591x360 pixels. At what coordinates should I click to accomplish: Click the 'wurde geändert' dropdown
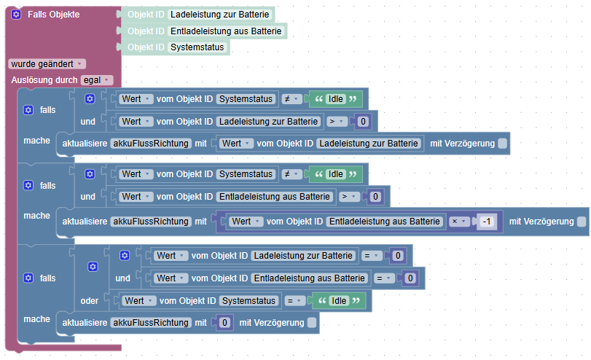[x=47, y=64]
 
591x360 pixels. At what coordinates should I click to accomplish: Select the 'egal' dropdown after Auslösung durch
[x=97, y=80]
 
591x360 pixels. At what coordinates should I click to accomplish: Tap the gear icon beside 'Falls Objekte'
[x=16, y=15]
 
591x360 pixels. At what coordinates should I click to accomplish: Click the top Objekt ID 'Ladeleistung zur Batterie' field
[x=220, y=15]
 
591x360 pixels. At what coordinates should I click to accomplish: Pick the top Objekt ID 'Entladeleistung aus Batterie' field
[x=226, y=31]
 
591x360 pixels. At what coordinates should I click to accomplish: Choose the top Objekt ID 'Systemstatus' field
[x=197, y=47]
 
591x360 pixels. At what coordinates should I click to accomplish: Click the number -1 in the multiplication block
[x=487, y=222]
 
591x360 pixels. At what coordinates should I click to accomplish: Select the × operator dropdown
[x=459, y=222]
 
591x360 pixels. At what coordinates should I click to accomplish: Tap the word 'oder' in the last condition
[x=90, y=301]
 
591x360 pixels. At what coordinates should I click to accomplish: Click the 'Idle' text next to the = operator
[x=338, y=301]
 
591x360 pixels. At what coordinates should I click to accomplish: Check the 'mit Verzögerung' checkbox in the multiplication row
[x=582, y=222]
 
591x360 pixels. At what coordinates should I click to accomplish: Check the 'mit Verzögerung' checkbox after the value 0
[x=312, y=323]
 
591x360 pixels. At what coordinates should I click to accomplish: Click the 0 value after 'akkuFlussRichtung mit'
[x=224, y=323]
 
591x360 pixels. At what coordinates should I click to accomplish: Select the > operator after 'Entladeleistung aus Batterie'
[x=349, y=197]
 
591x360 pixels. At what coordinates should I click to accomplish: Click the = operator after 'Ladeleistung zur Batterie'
[x=372, y=256]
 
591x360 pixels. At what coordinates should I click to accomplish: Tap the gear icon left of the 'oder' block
[x=93, y=267]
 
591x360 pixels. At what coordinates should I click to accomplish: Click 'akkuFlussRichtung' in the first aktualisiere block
[x=151, y=144]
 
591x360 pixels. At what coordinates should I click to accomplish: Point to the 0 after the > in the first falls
[x=363, y=122]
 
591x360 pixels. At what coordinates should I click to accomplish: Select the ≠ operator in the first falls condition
[x=291, y=99]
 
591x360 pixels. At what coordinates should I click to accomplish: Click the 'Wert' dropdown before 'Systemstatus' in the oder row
[x=138, y=301]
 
